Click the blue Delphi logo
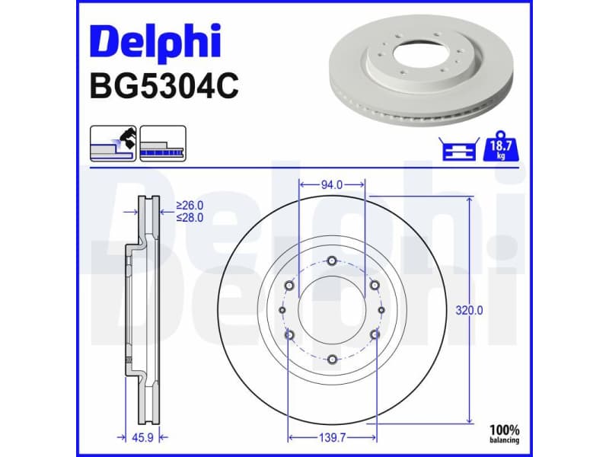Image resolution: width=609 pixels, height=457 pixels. tap(155, 43)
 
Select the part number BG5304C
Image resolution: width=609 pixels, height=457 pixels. tap(164, 86)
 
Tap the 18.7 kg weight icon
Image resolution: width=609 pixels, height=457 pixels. tap(500, 146)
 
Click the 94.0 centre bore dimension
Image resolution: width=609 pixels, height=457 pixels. tap(332, 185)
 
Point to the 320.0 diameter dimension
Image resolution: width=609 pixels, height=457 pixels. tap(469, 311)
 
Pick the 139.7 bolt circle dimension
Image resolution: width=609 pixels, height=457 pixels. tap(332, 437)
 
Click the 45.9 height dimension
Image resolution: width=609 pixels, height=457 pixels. tap(142, 437)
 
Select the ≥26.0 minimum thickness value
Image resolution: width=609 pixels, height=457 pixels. tap(190, 205)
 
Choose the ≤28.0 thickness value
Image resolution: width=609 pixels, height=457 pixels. tap(190, 218)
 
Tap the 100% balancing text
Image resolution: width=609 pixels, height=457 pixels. tap(504, 434)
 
